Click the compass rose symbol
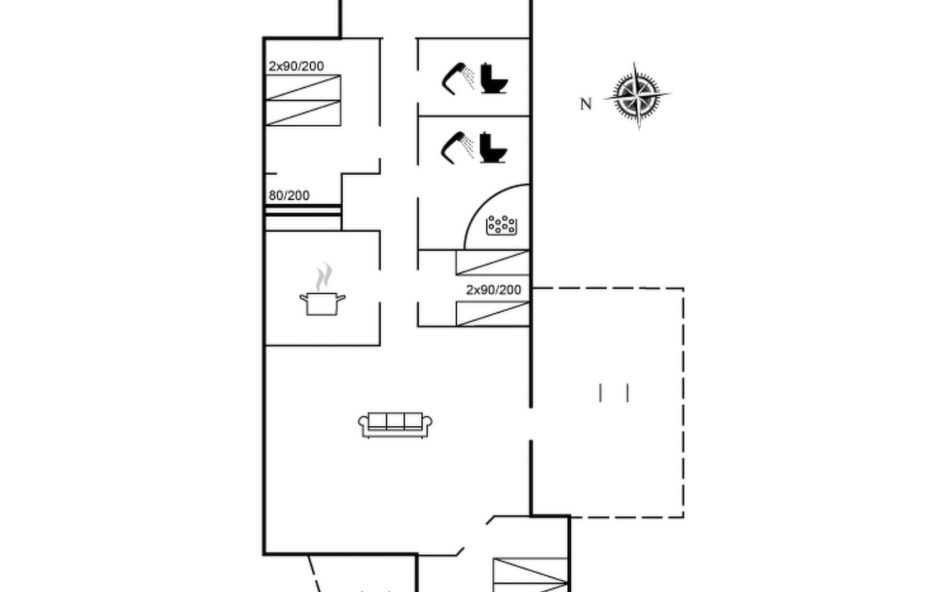pyautogui.click(x=637, y=95)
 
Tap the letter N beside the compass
pyautogui.click(x=585, y=104)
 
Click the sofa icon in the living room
pyautogui.click(x=395, y=425)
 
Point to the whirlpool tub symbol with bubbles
pyautogui.click(x=502, y=225)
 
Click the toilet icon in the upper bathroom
pyautogui.click(x=494, y=78)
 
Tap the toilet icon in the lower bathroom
pyautogui.click(x=493, y=148)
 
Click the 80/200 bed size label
pyautogui.click(x=289, y=195)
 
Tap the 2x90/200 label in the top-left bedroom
pyautogui.click(x=296, y=66)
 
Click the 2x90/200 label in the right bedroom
pyautogui.click(x=493, y=290)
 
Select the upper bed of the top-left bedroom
pyautogui.click(x=303, y=88)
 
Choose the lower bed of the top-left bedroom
pyautogui.click(x=303, y=113)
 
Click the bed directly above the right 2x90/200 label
pyautogui.click(x=492, y=262)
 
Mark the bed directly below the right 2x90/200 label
pyautogui.click(x=492, y=314)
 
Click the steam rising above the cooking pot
pyautogui.click(x=324, y=277)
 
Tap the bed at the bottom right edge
pyautogui.click(x=531, y=575)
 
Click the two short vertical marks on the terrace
pyautogui.click(x=614, y=393)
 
